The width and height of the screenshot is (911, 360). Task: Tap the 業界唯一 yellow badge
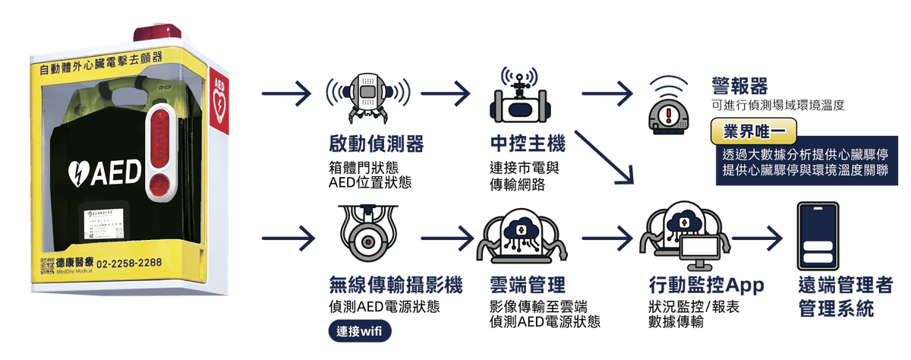(x=754, y=131)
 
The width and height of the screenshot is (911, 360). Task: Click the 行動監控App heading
(x=706, y=286)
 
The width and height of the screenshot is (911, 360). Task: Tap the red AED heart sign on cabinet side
(x=219, y=99)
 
